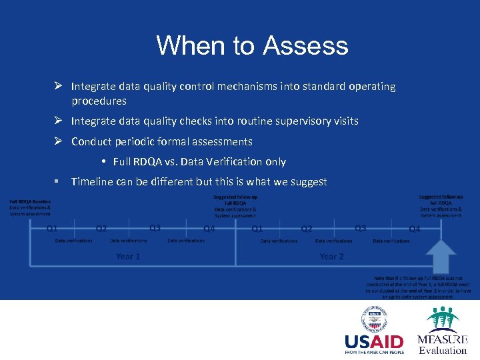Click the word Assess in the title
305,46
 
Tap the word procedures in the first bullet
99,101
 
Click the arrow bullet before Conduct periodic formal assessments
59,141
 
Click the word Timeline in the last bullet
92,182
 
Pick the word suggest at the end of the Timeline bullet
309,182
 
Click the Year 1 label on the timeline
128,256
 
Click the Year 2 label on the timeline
331,256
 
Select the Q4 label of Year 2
415,229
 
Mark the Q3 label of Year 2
360,228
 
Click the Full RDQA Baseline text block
29,207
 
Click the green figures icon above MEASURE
443,319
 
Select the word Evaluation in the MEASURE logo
443,351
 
